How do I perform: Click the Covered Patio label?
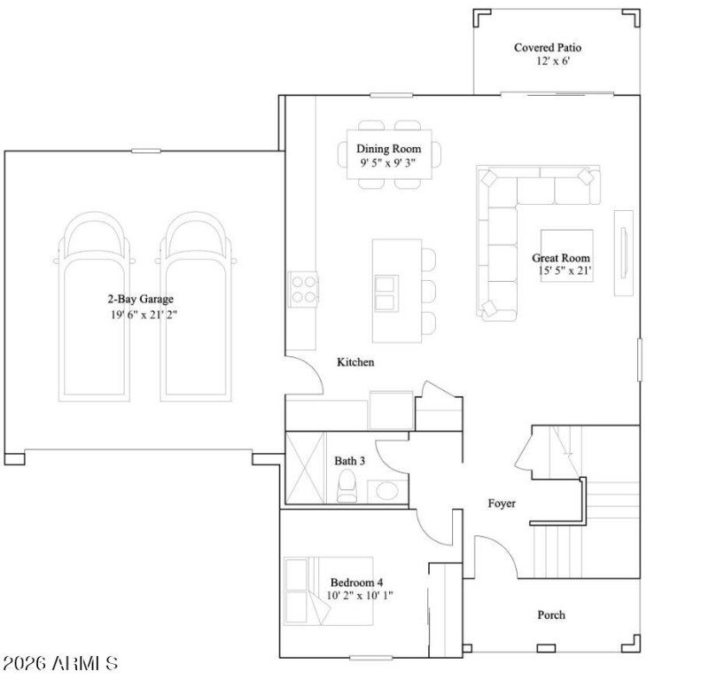[548, 47]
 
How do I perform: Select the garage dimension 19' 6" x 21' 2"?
[144, 315]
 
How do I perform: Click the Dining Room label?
[388, 148]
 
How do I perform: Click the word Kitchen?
[355, 363]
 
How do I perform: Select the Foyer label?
[502, 504]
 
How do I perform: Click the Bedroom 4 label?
[356, 582]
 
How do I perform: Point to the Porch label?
[551, 614]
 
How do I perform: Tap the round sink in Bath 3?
[386, 490]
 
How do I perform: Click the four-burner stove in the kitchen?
[302, 288]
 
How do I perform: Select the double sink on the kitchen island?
[386, 292]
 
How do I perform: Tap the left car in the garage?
[91, 306]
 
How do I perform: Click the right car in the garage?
[194, 306]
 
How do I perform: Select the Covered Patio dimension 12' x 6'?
[548, 63]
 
